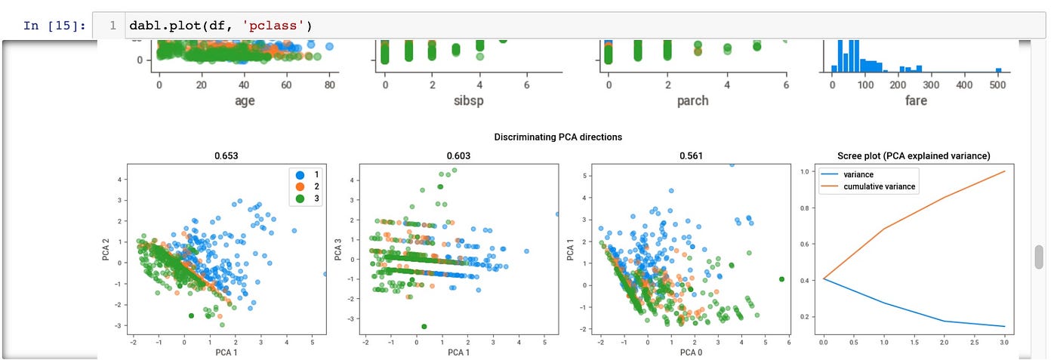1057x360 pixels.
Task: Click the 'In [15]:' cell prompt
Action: [54, 26]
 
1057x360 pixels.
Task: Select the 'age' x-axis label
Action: [244, 100]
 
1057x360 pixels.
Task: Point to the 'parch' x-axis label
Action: [692, 100]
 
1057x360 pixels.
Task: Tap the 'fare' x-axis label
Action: [916, 100]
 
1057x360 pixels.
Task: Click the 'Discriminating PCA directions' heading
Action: [558, 137]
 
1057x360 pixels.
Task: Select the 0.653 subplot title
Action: [228, 156]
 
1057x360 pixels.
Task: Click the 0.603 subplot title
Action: [454, 156]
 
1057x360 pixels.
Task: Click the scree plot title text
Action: [914, 156]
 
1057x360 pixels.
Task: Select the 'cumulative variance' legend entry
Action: [880, 187]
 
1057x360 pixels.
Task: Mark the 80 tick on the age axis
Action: [330, 85]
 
